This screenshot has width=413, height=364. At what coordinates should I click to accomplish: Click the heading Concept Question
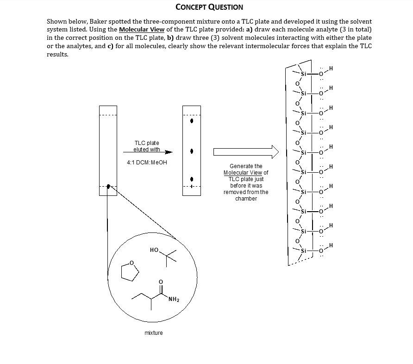pos(209,7)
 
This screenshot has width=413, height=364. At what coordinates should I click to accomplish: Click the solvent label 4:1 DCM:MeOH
pos(146,163)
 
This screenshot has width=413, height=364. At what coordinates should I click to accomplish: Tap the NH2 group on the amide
pos(174,299)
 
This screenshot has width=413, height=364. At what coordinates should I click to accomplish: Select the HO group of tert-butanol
pos(154,250)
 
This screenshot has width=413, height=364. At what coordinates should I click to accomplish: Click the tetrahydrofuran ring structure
pos(130,271)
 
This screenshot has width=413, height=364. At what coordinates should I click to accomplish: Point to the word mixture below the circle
pos(153,333)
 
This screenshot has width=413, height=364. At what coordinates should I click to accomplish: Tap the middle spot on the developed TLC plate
pos(192,151)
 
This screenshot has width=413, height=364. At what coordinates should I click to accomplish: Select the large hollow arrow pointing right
pos(246,151)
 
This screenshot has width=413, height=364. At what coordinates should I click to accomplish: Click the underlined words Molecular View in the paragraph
pos(141,30)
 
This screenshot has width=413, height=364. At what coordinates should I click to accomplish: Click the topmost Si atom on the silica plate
pos(304,74)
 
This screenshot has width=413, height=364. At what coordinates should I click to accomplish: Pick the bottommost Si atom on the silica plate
pos(304,251)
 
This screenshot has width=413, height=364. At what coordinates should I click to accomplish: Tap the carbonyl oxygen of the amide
pos(161,281)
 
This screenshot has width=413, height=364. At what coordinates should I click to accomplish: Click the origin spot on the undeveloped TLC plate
pos(108,186)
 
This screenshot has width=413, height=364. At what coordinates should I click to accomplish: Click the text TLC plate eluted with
pos(146,146)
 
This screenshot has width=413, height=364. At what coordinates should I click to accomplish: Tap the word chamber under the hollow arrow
pos(245,199)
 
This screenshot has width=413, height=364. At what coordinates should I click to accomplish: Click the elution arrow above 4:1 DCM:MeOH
pos(148,152)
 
